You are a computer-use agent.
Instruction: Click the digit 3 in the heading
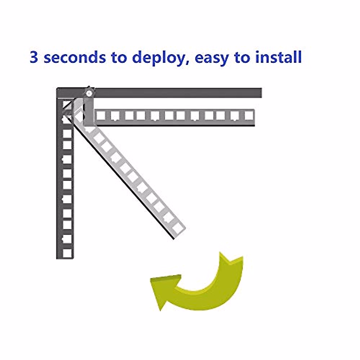[34, 57]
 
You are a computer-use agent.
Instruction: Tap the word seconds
[75, 57]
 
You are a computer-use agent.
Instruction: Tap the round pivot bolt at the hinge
[89, 94]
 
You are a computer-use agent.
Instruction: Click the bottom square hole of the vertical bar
[67, 253]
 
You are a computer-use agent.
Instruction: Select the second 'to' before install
[242, 58]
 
